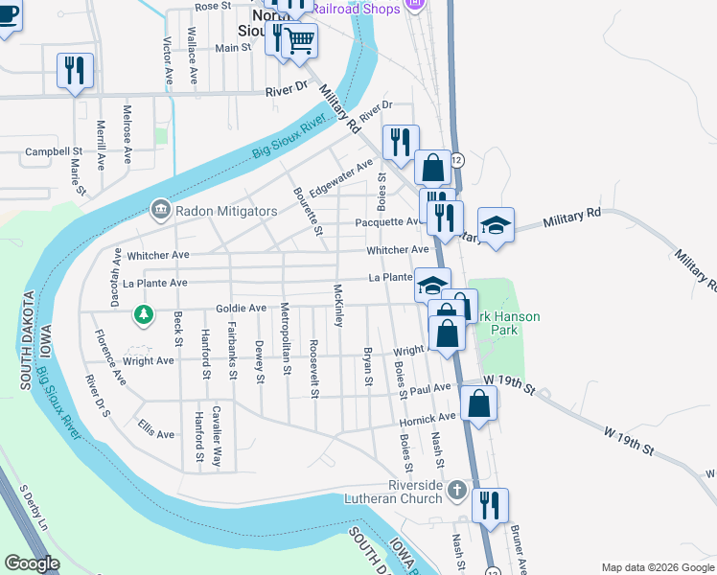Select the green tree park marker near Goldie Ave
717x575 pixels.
[x=143, y=313]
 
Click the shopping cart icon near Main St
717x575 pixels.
[x=300, y=39]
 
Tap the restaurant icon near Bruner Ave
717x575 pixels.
[x=490, y=504]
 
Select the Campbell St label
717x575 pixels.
[x=54, y=151]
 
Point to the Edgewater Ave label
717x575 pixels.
[x=341, y=177]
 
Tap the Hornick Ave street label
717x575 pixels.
[x=428, y=418]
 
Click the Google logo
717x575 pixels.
[x=32, y=563]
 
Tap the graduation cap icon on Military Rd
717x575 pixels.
[x=496, y=225]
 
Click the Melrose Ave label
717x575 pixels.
[x=127, y=136]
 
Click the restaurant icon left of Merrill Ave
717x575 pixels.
[x=75, y=70]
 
